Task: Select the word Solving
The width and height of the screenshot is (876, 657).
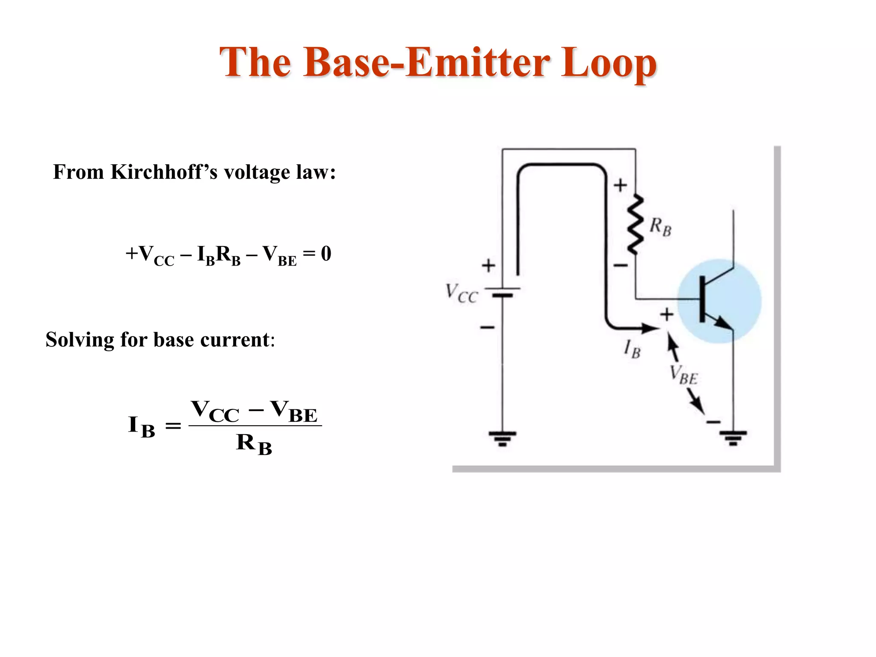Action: coord(80,340)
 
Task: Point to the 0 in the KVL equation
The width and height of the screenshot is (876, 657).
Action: coord(326,253)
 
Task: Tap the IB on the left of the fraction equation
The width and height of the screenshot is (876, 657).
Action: coord(142,426)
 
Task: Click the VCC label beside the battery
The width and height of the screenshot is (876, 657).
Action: coord(462,293)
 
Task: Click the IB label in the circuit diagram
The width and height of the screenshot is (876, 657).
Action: coord(632,349)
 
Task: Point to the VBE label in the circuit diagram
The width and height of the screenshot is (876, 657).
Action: coord(683,375)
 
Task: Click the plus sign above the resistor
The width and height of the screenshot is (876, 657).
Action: coord(620,185)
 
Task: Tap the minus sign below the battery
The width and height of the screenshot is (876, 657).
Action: coord(487,328)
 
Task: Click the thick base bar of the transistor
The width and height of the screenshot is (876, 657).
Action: coord(702,299)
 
